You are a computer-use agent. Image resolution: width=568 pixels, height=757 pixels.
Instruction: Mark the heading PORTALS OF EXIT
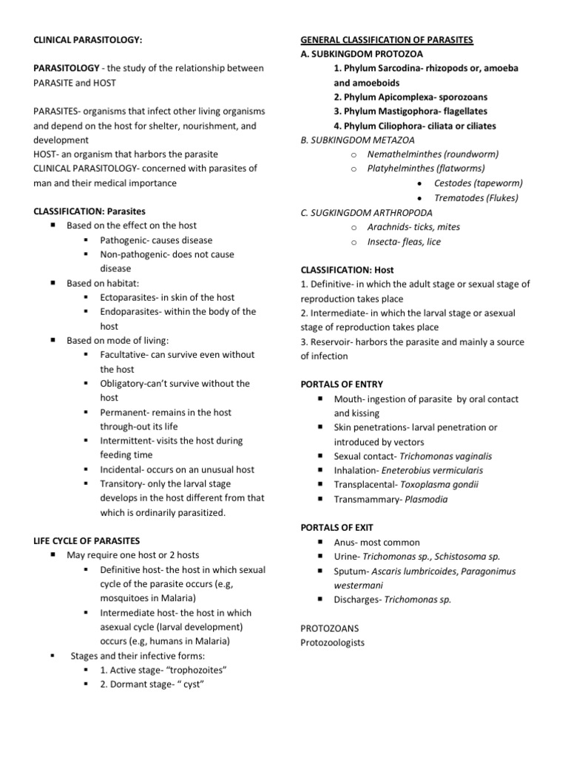point(337,528)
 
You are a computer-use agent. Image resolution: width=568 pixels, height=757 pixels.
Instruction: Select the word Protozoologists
point(333,642)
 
